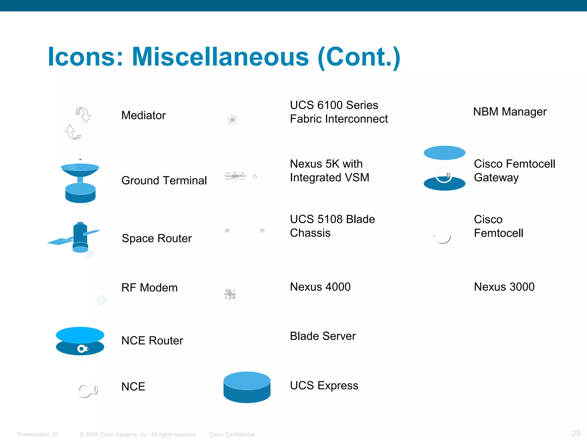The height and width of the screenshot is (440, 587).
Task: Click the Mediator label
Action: click(143, 115)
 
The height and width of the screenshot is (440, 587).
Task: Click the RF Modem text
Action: click(149, 288)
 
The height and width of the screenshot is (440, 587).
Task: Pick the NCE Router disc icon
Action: click(80, 341)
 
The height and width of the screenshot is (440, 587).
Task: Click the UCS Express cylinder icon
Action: click(247, 387)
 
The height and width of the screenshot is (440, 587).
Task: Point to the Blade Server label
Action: click(323, 336)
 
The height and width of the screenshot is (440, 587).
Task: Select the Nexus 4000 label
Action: click(320, 287)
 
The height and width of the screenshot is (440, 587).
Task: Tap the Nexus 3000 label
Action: click(504, 287)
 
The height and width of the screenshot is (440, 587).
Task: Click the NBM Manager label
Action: click(510, 112)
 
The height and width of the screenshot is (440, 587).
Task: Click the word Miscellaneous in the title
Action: click(220, 57)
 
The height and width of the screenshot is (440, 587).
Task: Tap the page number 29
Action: click(576, 433)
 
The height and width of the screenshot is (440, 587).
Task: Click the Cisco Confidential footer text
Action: click(232, 435)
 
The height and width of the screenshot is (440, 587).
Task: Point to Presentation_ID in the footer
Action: click(38, 435)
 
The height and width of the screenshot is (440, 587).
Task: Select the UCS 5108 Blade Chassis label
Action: click(332, 226)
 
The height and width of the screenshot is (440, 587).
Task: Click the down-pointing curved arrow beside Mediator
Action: click(83, 115)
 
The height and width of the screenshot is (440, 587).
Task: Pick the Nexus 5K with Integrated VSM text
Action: click(329, 171)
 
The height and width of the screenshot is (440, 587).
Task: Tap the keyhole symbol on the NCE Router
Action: click(83, 349)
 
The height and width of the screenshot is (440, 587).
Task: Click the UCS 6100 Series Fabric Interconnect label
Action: click(338, 112)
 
